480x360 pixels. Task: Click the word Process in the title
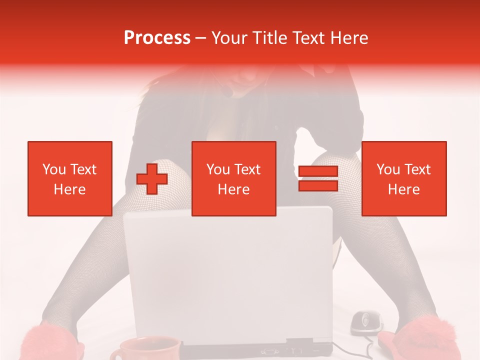click(157, 38)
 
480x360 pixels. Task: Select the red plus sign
click(152, 178)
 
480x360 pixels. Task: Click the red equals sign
click(318, 178)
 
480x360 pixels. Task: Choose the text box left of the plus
click(70, 178)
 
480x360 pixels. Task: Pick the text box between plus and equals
click(234, 178)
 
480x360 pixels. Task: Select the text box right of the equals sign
click(404, 178)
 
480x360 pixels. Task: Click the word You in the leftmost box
click(53, 169)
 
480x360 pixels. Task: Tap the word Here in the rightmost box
click(404, 189)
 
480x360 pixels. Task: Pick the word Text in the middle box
click(247, 169)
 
